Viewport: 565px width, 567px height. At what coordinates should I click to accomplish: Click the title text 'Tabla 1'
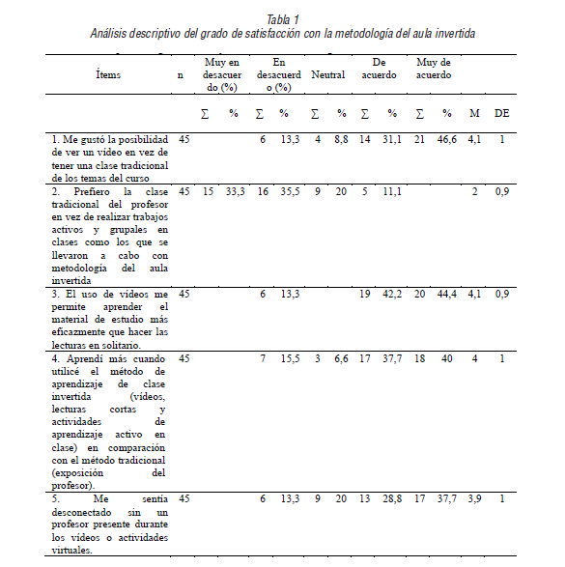(x=282, y=19)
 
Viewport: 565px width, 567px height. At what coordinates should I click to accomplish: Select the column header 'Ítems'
(x=108, y=74)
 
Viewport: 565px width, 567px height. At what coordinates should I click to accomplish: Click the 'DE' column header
(x=502, y=113)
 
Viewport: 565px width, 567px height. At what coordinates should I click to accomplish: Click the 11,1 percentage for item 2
(x=392, y=191)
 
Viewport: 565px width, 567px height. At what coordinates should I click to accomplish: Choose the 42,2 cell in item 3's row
(x=392, y=294)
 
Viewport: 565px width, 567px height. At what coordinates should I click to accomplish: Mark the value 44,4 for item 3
(x=446, y=294)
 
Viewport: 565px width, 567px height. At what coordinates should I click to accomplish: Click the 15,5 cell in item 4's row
(x=284, y=357)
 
